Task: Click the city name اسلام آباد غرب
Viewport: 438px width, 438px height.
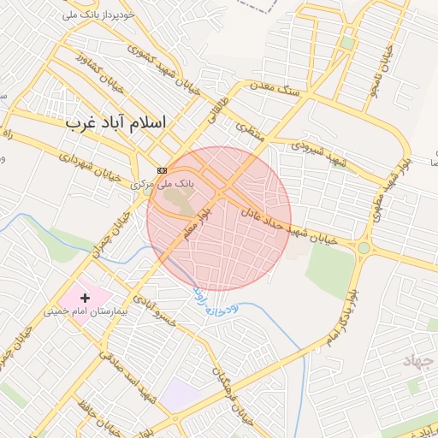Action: [x=117, y=123]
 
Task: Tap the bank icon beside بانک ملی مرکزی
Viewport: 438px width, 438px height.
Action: [x=163, y=170]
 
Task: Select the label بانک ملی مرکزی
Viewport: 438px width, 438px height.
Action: [x=162, y=183]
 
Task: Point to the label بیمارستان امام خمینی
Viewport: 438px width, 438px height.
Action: [x=86, y=311]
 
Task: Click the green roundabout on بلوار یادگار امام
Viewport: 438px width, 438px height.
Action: [x=364, y=247]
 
